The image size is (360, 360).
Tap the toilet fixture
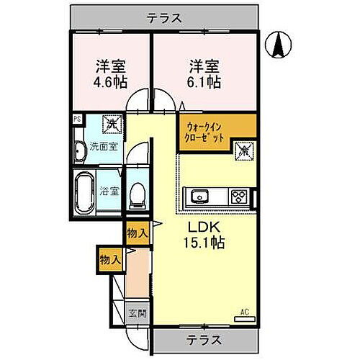pos(135,194)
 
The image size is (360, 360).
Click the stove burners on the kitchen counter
pos(238,195)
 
